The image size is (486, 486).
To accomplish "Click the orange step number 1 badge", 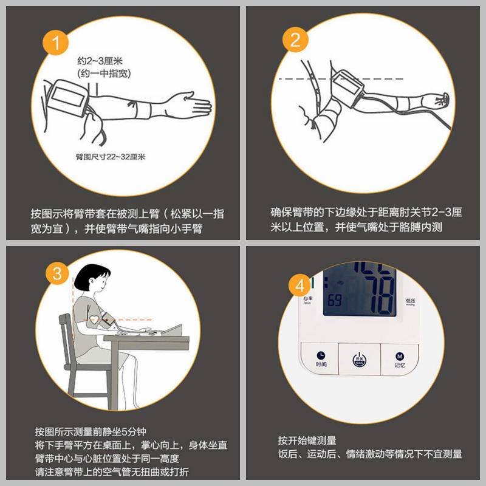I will [56, 43].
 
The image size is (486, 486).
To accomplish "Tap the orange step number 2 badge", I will [296, 41].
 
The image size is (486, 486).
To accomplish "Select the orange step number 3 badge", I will [57, 273].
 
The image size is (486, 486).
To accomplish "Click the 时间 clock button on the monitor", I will [321, 357].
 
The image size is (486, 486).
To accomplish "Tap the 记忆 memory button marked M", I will [399, 357].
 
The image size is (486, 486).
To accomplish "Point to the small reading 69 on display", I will [335, 300].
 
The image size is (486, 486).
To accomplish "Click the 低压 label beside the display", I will [410, 302].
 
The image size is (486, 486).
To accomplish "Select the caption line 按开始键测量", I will [307, 440].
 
